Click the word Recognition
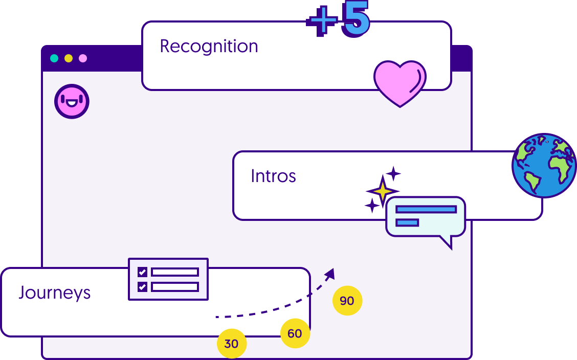(209, 47)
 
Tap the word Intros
(273, 176)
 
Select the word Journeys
(55, 293)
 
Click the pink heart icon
(400, 82)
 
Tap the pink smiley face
(72, 101)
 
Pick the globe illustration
(544, 166)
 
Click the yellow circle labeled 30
(232, 344)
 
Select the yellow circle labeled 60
(295, 333)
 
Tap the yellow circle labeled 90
(347, 301)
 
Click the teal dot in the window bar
(54, 58)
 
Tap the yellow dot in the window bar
(69, 58)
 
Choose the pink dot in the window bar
(83, 58)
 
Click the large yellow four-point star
(382, 191)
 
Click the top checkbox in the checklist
(142, 272)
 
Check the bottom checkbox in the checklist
(142, 286)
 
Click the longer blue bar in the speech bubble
(426, 209)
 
